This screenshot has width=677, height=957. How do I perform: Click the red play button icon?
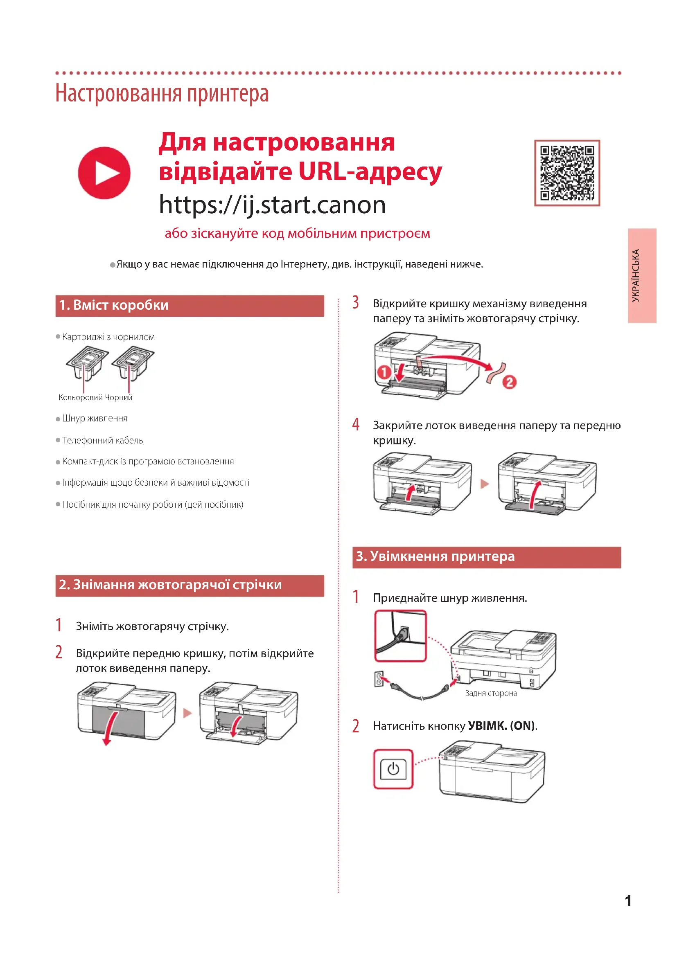pos(104,173)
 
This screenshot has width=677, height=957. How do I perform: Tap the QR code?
pos(567,173)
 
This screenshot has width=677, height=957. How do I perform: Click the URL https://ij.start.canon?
pos(272,205)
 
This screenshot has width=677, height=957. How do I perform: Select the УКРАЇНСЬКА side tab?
pos(642,275)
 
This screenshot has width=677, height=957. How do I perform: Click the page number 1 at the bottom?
pos(628,901)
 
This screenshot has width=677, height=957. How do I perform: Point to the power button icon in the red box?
pos(393,769)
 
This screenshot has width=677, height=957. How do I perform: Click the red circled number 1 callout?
pos(384,372)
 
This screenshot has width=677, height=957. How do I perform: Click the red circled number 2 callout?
pos(510,382)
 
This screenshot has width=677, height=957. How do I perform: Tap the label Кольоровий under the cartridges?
pos(81,398)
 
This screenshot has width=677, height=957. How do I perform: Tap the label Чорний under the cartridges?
pos(119,398)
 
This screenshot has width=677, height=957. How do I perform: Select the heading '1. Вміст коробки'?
pos(114,305)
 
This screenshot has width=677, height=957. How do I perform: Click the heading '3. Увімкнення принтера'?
pos(435,556)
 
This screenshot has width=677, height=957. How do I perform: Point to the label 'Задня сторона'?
pos(491,693)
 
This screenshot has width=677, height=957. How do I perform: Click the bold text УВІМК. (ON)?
pos(501,726)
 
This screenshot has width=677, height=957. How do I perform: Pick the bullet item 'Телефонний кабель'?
pos(103,441)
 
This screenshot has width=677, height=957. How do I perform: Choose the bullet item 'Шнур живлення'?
pos(95,419)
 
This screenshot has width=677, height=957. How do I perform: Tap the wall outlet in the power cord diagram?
pos(379,679)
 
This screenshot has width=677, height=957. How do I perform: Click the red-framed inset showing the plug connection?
pos(400,636)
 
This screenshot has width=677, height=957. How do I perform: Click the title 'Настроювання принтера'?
pos(162,93)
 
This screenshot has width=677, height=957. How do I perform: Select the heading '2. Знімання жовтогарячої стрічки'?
pos(170,585)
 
